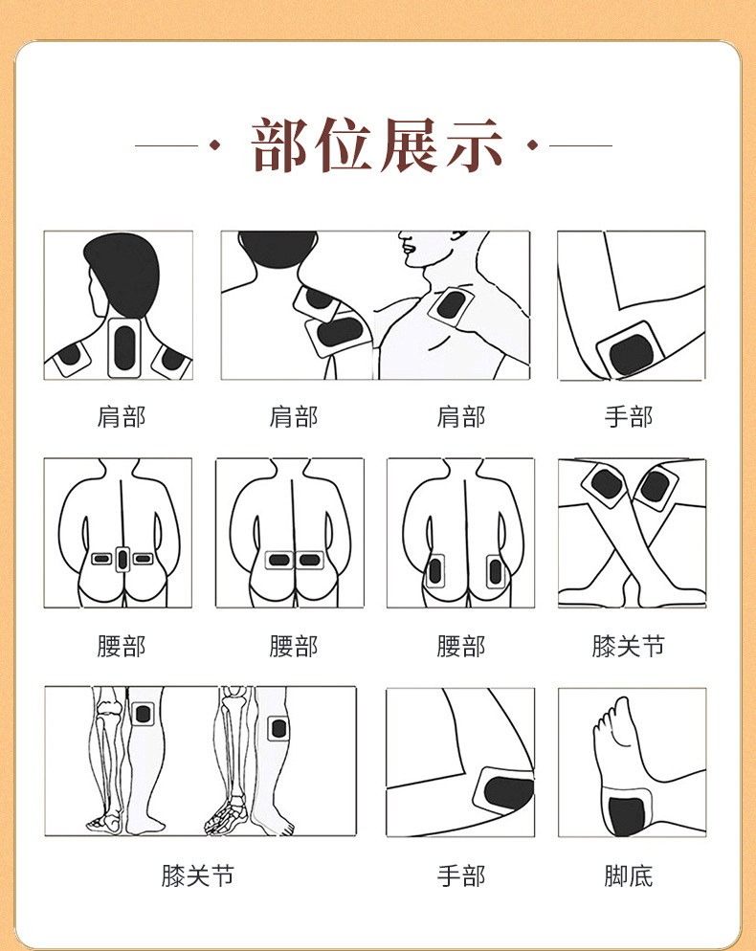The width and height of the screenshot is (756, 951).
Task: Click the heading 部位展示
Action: [x=377, y=145]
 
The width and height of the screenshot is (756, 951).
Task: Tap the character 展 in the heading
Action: [x=409, y=145]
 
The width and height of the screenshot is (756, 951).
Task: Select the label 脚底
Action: [x=629, y=875]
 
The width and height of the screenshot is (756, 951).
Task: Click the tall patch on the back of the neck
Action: [x=124, y=348]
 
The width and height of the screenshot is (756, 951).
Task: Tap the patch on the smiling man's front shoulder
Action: [x=452, y=305]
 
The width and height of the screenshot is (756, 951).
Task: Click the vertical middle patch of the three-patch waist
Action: [x=122, y=559]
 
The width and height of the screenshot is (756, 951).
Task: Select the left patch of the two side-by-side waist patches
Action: [x=279, y=559]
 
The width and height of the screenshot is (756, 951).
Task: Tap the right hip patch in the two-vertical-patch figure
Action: [x=496, y=572]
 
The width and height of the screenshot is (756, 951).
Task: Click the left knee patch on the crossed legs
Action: [x=607, y=485]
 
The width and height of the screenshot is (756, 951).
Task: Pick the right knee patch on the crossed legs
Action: [x=656, y=486]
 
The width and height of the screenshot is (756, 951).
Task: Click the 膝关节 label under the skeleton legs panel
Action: [x=198, y=875]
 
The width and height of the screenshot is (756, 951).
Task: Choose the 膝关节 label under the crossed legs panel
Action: [x=629, y=646]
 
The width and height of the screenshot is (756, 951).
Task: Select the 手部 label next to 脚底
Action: [x=461, y=875]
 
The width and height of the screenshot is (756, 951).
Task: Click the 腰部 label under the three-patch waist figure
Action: [x=122, y=646]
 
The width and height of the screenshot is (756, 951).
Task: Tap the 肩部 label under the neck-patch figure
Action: [x=122, y=417]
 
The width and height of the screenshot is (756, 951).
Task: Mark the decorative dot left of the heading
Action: [x=213, y=145]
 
